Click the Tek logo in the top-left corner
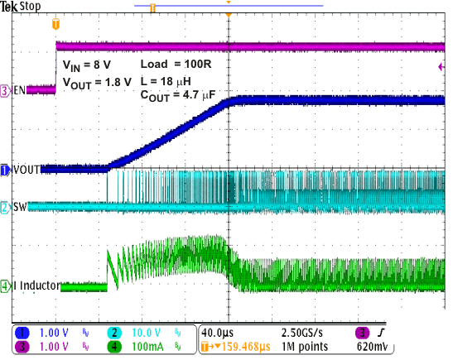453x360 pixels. pos(9,6)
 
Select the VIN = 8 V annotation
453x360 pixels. pos(89,64)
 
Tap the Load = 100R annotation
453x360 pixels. pos(176,64)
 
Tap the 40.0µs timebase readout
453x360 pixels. pos(222,333)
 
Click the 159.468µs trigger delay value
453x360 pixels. pos(243,347)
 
